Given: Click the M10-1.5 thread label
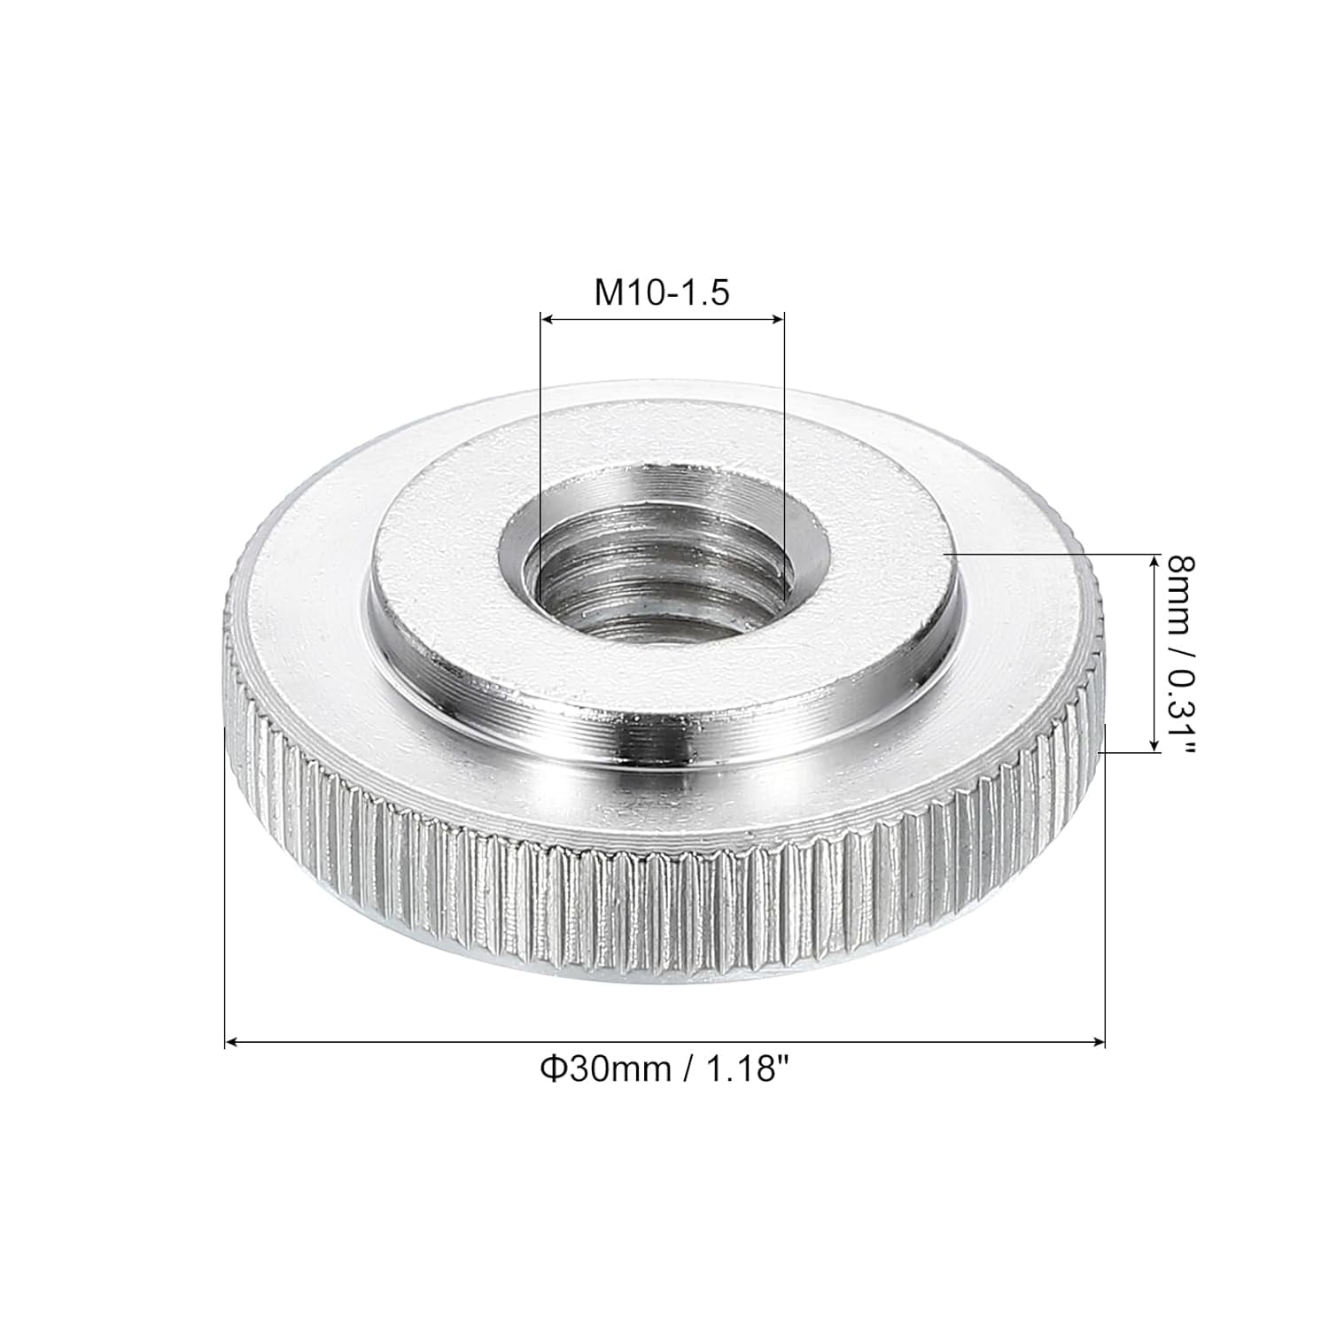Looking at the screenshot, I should click(x=662, y=291).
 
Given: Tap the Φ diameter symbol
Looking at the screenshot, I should click(x=552, y=1070).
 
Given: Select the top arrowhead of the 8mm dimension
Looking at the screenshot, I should click(x=1154, y=560).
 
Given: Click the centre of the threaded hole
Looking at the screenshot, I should click(x=663, y=567).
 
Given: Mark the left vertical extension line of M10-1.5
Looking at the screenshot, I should click(x=540, y=443).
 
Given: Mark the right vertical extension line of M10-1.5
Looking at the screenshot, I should click(x=785, y=443).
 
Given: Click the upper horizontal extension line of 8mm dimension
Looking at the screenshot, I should click(x=1045, y=553).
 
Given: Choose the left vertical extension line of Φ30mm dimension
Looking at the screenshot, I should click(x=226, y=886).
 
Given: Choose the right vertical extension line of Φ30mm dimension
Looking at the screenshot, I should click(x=1106, y=886).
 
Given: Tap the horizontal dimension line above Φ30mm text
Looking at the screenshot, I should click(x=664, y=1043).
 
